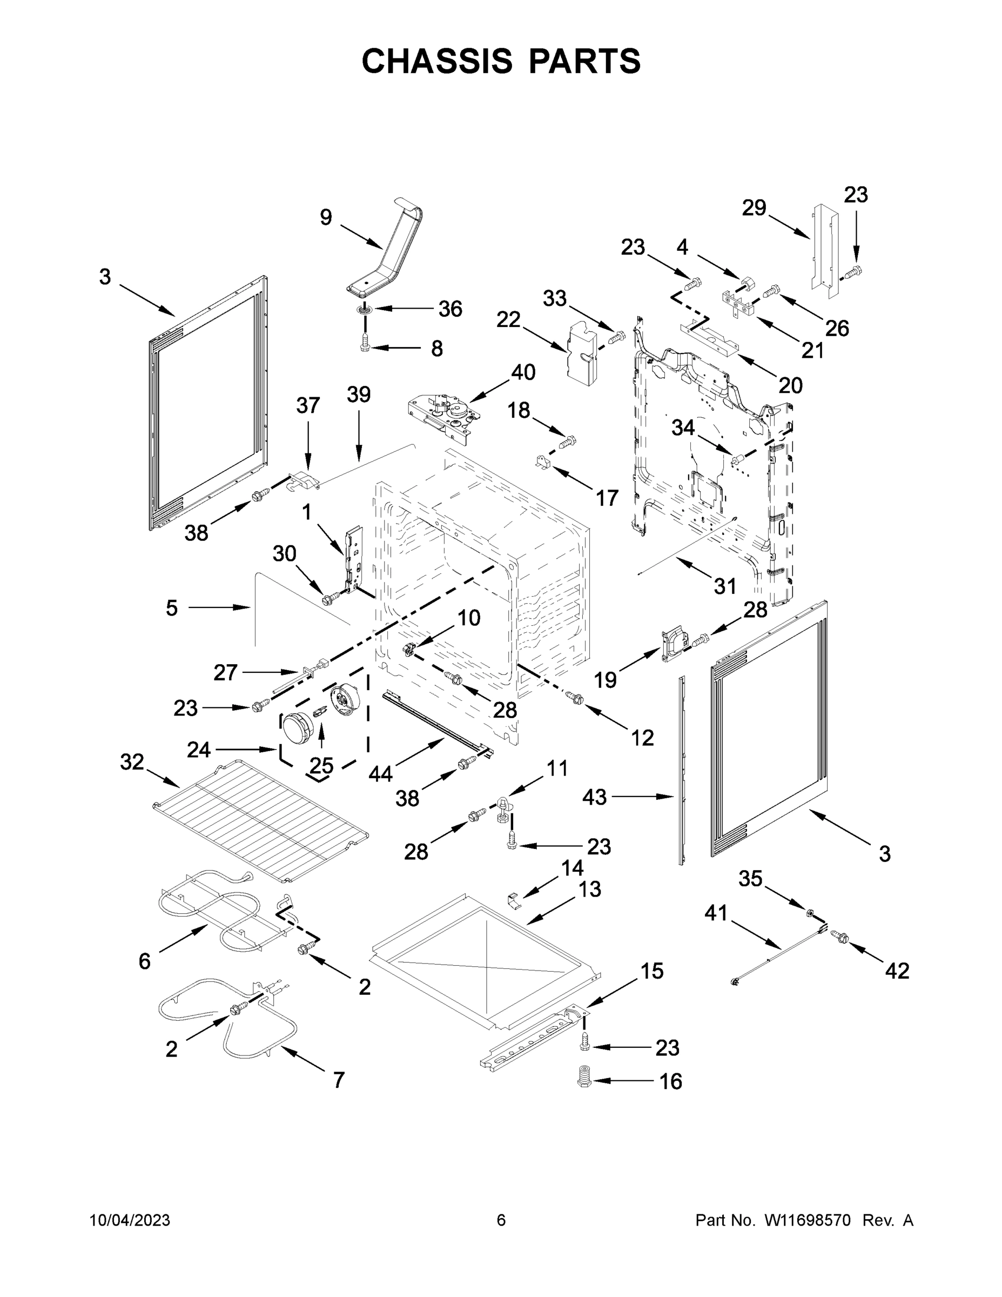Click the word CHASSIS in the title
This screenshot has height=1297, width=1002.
coord(437,61)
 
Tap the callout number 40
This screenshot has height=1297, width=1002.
coord(523,372)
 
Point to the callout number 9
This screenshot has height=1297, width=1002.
coord(326,217)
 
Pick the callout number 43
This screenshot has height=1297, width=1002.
coord(594,797)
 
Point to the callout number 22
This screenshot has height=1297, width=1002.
coord(508,319)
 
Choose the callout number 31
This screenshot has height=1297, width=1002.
coord(725,587)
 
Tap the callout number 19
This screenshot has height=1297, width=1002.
coord(606,680)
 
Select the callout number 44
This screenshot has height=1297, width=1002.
coord(380,773)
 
